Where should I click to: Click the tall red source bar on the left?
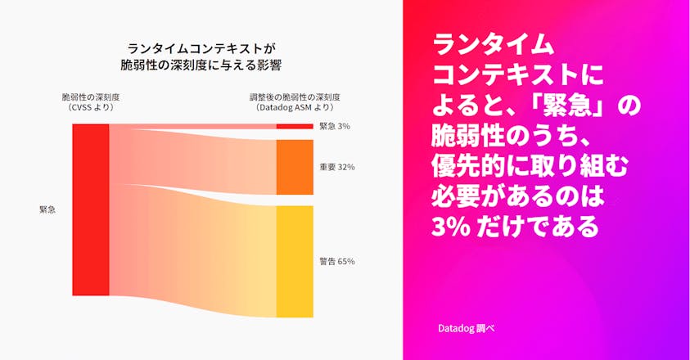(x=90, y=209)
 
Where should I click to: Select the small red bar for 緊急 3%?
(x=295, y=126)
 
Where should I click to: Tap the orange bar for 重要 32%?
(x=295, y=167)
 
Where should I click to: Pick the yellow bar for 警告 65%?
(x=295, y=261)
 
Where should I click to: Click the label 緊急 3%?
(x=335, y=126)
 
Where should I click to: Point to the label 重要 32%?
(x=336, y=167)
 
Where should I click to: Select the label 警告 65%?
(x=336, y=261)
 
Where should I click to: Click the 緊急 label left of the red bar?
(x=47, y=209)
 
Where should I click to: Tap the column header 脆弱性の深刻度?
(x=90, y=97)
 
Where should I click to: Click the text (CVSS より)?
(x=90, y=107)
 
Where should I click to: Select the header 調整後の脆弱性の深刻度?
(x=295, y=97)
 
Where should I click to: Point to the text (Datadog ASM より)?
(x=295, y=107)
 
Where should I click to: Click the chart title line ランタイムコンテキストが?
(x=201, y=48)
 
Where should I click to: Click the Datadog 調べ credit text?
(x=466, y=327)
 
